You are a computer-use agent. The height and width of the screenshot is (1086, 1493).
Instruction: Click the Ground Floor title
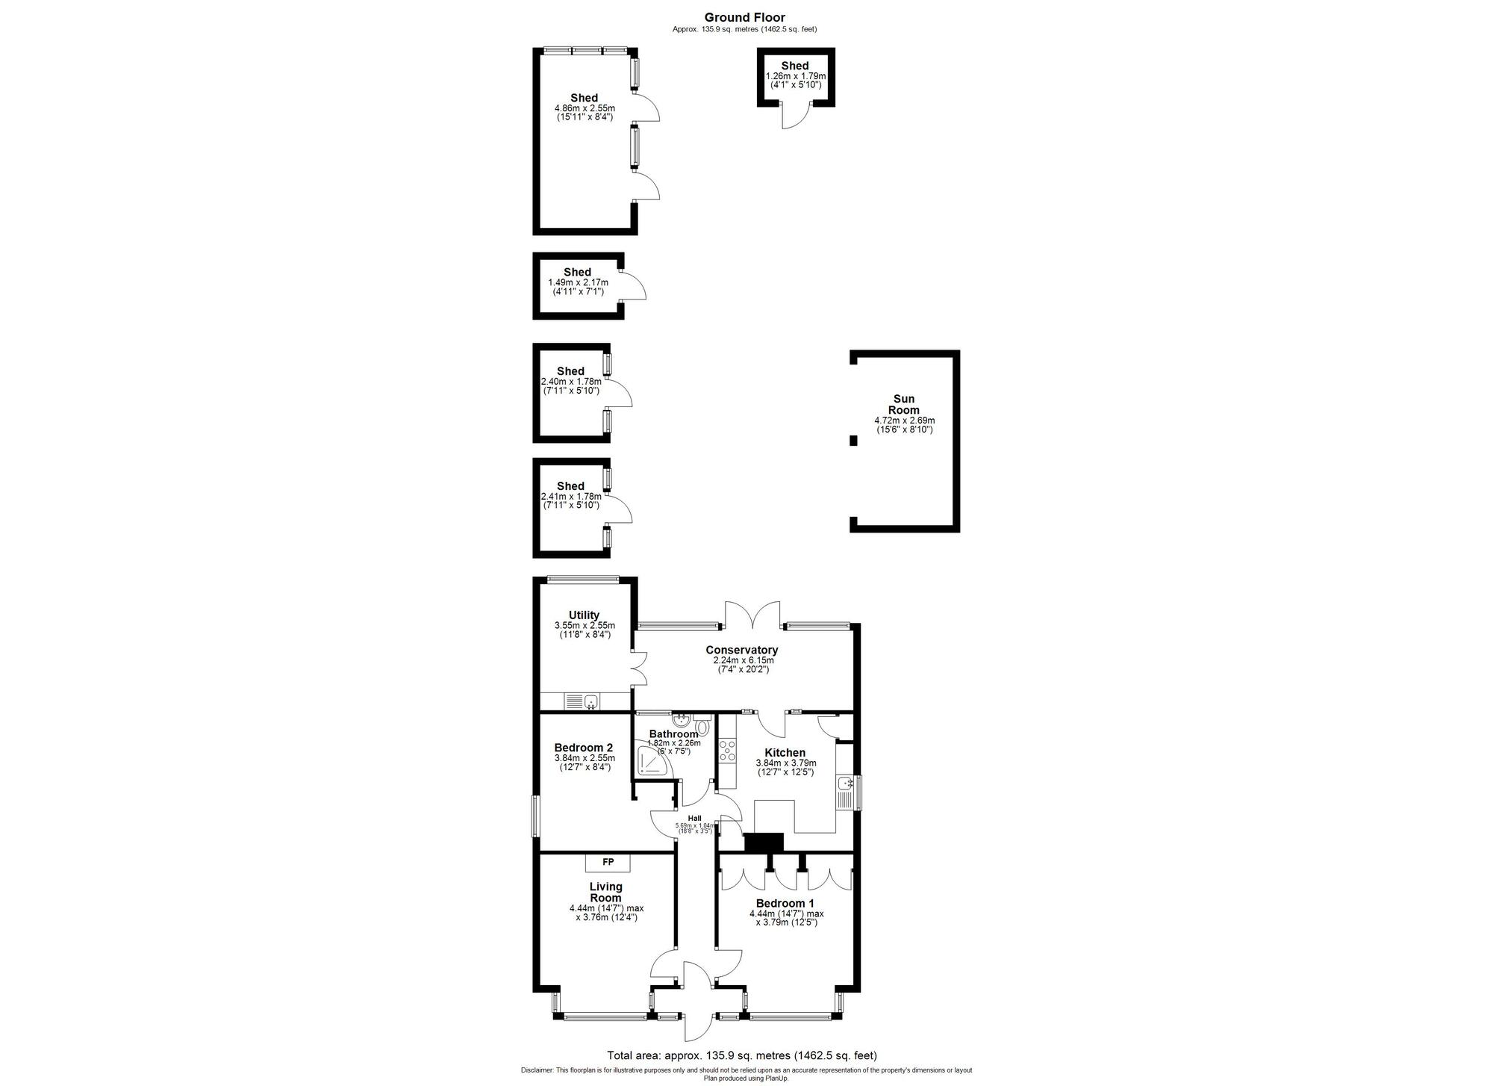744,17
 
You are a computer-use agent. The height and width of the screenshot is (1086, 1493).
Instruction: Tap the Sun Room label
903,404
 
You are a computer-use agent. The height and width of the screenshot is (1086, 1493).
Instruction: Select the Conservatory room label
741,650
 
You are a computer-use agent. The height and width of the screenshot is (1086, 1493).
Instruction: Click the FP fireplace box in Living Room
608,863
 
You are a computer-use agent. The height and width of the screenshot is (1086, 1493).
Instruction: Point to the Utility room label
584,615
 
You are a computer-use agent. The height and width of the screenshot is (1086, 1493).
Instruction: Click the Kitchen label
785,752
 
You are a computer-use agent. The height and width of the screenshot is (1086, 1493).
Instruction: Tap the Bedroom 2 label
583,748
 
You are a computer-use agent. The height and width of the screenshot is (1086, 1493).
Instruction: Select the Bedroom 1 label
786,903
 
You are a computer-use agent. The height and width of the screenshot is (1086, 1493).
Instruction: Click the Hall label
694,818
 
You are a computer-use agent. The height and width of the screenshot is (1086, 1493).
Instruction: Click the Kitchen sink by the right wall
845,784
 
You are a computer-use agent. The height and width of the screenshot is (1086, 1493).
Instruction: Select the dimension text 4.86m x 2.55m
585,108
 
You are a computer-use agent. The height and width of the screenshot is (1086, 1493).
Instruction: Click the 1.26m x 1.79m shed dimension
796,76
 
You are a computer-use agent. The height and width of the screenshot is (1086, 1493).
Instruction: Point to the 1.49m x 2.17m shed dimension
578,282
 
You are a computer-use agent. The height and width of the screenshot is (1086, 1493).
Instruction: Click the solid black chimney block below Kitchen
764,842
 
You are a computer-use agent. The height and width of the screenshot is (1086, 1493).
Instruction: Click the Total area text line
741,1055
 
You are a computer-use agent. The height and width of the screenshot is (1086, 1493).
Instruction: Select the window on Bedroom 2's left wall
534,816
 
